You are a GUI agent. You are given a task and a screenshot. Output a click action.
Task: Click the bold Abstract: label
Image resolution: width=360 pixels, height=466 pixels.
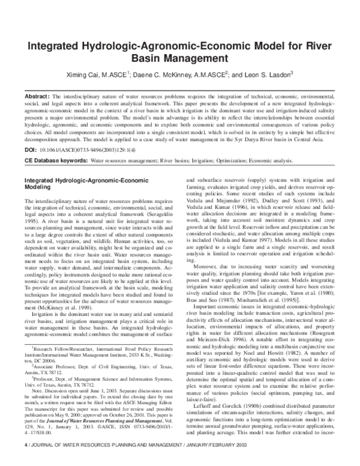coord(35,95)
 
